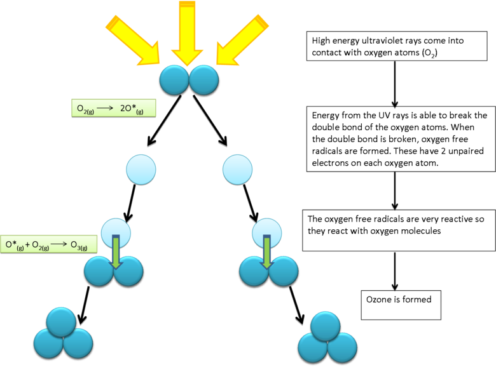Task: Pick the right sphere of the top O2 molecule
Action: [x=204, y=80]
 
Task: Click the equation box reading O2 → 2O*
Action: [x=113, y=108]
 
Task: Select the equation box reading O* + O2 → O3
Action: [x=49, y=244]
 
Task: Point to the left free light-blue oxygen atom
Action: [x=141, y=170]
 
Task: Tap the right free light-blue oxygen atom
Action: [x=237, y=170]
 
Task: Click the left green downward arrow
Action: [x=116, y=251]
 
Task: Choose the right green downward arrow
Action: [x=266, y=251]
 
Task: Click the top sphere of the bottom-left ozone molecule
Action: [x=62, y=322]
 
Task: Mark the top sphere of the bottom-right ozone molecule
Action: [x=326, y=326]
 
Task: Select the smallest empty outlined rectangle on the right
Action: [x=401, y=305]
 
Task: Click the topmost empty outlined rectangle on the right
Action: [x=397, y=46]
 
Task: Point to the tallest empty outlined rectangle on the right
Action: [x=400, y=139]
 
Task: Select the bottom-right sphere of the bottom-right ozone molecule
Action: [x=342, y=347]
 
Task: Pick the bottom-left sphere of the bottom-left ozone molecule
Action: [x=48, y=343]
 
